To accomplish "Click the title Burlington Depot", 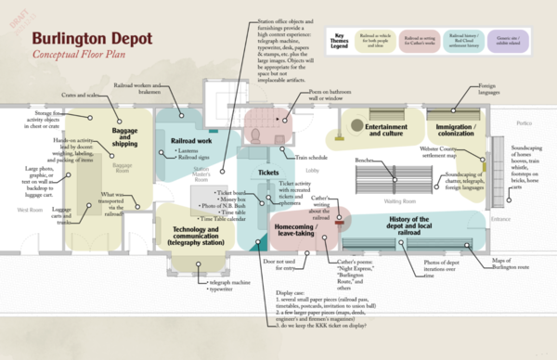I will point(85,39).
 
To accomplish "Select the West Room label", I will point(31,210).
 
